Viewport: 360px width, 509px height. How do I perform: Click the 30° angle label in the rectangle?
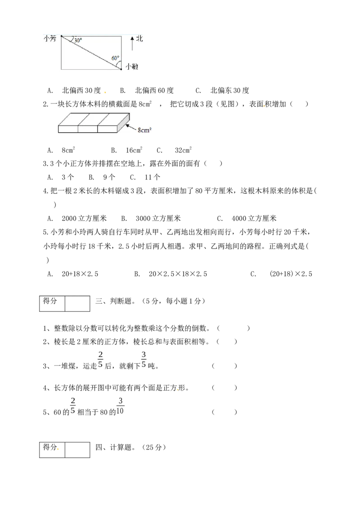point(78,40)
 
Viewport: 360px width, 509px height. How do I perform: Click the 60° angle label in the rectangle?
point(115,58)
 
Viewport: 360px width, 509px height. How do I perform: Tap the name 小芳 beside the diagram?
point(49,39)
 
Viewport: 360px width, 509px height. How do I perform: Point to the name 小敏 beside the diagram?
point(132,67)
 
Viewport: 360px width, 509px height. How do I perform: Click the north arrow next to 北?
point(132,43)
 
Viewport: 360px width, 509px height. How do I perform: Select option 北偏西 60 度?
point(154,90)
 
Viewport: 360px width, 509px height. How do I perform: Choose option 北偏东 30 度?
point(229,90)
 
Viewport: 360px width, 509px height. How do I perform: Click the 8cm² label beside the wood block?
point(144,130)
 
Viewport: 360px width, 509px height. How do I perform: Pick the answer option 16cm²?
point(134,150)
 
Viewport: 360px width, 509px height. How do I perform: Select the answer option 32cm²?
point(183,150)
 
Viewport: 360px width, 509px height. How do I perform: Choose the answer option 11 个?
point(153,177)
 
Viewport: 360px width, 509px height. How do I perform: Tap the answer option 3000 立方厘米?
point(158,219)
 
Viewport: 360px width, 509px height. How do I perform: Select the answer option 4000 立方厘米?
point(254,219)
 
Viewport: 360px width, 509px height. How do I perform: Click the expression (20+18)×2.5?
point(291,274)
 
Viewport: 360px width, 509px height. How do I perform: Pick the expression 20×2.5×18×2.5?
point(178,274)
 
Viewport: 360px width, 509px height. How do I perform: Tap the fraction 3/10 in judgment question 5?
point(120,406)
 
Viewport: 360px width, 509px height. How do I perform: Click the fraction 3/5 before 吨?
point(144,360)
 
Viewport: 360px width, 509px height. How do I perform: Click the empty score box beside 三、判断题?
point(77,304)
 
